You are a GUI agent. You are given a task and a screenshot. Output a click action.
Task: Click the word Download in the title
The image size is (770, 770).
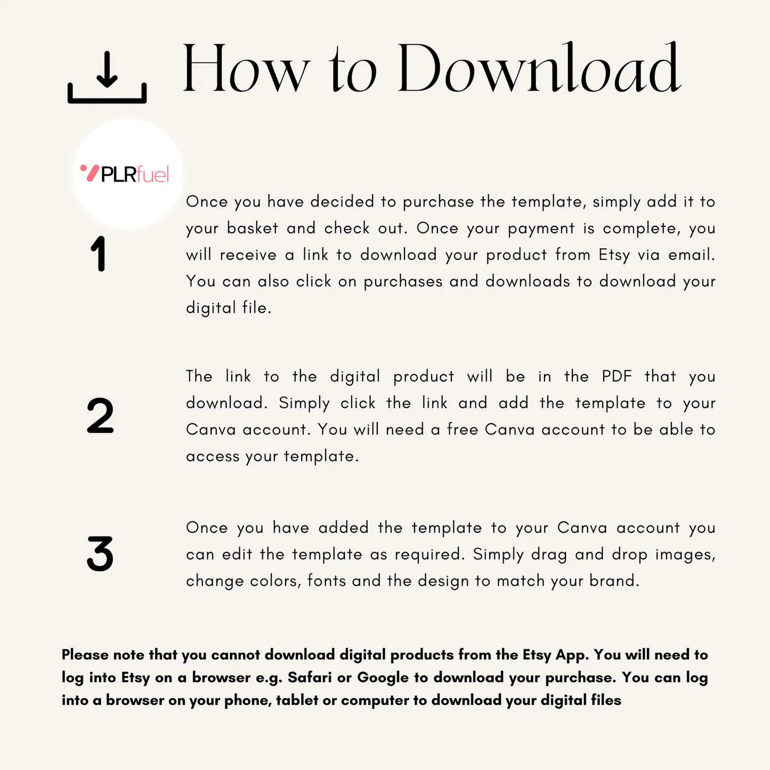[539, 67]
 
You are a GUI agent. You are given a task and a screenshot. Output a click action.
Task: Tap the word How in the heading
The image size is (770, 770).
[246, 68]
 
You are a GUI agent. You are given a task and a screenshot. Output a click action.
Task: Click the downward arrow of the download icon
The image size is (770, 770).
[107, 69]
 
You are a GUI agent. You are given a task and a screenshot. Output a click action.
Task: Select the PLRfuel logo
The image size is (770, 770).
[125, 174]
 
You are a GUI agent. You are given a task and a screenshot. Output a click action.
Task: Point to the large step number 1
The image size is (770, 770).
[98, 254]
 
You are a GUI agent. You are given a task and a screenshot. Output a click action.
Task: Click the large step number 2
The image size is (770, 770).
[100, 416]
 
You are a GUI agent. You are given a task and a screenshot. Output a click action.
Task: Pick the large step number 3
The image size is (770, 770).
[100, 554]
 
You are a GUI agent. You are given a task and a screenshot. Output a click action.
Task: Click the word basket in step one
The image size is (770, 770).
[253, 228]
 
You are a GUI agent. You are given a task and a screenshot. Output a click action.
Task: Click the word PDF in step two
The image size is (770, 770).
[617, 376]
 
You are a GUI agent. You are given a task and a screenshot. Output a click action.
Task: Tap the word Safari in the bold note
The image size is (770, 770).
[310, 677]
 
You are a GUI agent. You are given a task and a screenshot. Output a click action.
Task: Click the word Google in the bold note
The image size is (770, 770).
[383, 678]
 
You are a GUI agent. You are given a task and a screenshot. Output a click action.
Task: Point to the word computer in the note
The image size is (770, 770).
[375, 701]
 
